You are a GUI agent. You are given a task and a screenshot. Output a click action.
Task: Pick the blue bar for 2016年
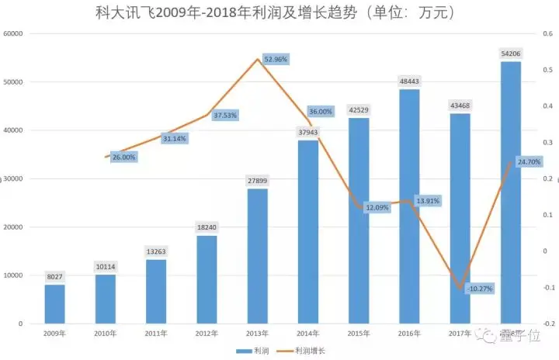click(x=408, y=206)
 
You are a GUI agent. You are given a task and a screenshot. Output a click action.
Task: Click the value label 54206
click(x=509, y=53)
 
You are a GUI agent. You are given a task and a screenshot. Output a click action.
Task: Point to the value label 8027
click(x=54, y=276)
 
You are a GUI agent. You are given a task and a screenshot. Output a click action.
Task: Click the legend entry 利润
click(x=257, y=351)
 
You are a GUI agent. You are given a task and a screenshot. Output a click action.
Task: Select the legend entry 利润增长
click(x=310, y=351)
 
